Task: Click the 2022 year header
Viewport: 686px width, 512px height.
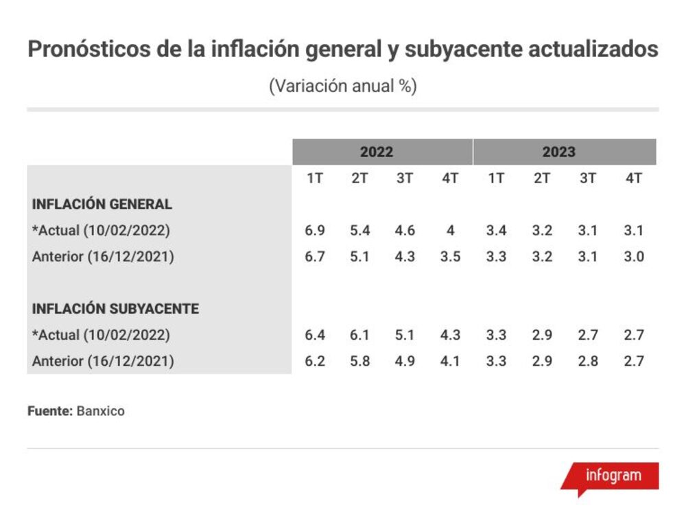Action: coord(376,152)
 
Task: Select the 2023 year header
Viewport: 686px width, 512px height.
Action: coord(558,152)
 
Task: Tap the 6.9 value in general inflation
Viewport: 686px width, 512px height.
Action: coord(315,230)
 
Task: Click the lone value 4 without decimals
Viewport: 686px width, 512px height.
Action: coord(450,230)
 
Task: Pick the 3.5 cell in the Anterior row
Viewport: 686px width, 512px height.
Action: coord(450,257)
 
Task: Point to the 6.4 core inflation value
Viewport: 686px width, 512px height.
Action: coord(315,335)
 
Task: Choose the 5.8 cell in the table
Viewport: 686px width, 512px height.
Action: coord(359,361)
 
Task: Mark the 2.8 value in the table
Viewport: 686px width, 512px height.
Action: coord(588,361)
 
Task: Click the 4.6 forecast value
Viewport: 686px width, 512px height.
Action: coord(405,230)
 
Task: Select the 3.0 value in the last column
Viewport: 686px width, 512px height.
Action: coord(633,257)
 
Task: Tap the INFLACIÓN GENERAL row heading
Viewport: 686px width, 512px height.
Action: coord(102,204)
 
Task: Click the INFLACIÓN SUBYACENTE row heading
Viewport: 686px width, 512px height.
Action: coord(115,309)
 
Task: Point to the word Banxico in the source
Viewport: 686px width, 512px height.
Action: coord(101,411)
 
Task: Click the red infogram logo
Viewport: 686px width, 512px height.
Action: coord(611,478)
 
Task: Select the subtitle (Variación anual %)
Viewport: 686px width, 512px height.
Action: coord(343,86)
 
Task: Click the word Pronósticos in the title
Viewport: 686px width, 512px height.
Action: coord(90,49)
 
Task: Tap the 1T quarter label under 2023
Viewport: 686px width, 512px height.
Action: coord(496,178)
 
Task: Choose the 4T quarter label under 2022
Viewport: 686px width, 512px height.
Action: coord(450,178)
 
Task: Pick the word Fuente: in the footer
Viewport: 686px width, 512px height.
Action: coord(50,411)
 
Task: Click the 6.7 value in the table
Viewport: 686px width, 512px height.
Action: coord(315,257)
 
